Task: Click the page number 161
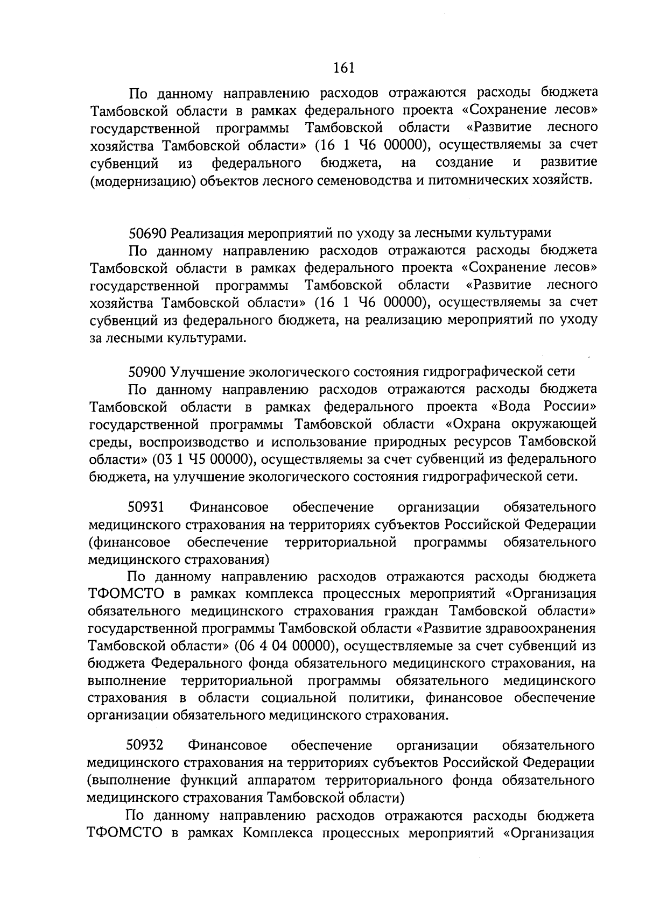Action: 343,68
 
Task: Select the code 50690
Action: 148,233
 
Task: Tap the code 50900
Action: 148,371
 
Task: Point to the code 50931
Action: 146,507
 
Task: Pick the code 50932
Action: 145,746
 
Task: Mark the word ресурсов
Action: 484,442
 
